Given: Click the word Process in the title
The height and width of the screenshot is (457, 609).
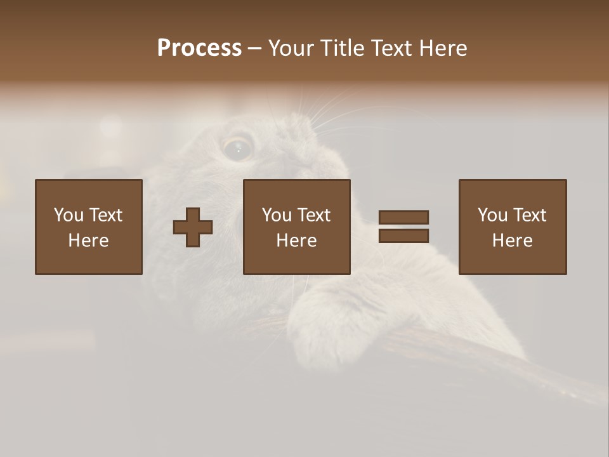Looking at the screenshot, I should [x=199, y=48].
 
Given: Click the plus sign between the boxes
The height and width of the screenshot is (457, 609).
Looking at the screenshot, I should [x=193, y=227].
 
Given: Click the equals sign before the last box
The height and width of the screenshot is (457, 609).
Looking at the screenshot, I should [x=403, y=227].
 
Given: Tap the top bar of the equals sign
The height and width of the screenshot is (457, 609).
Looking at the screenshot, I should [x=403, y=218].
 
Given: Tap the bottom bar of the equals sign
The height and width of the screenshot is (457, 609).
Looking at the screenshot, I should [x=403, y=235].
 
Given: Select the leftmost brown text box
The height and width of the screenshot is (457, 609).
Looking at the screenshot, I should [x=89, y=227].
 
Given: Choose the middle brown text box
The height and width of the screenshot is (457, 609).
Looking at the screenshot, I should [x=297, y=227].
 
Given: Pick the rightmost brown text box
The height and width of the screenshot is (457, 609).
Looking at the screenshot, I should [x=513, y=227].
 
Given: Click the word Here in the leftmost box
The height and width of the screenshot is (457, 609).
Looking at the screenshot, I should [x=89, y=241].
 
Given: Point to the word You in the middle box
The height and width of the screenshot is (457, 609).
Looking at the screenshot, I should [x=277, y=215].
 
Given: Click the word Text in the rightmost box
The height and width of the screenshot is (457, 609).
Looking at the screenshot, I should [x=528, y=215].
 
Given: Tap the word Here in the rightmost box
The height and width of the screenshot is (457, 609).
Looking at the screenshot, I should [x=513, y=241].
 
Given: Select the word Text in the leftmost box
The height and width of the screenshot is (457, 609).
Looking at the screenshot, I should [x=105, y=215].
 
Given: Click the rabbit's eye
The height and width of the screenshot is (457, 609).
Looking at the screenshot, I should [x=238, y=149].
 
